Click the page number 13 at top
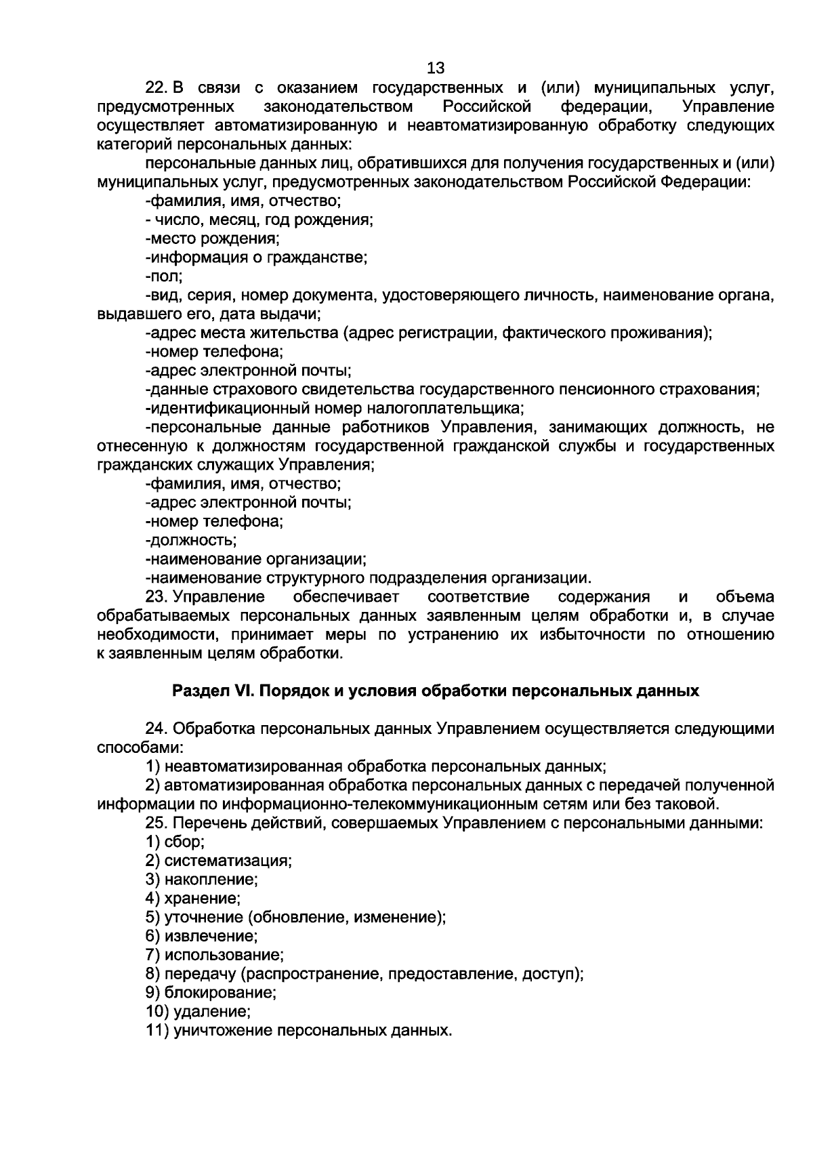pos(436,68)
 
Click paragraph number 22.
pos(157,88)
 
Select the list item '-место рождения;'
pos(213,239)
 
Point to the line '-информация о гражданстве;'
pos(256,258)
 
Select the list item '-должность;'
pos(191,541)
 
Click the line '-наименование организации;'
pos(256,560)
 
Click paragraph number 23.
pos(157,597)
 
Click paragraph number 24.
pos(157,729)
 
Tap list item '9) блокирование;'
pos(211,993)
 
